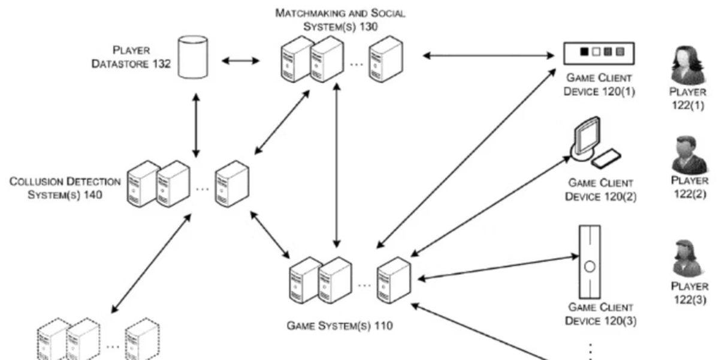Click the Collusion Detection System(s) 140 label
point(65,187)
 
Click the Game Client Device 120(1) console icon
point(599,53)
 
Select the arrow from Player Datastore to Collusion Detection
point(195,125)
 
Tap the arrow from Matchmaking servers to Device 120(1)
point(488,56)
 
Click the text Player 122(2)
point(689,186)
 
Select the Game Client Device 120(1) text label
point(599,85)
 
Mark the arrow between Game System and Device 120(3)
point(497,268)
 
